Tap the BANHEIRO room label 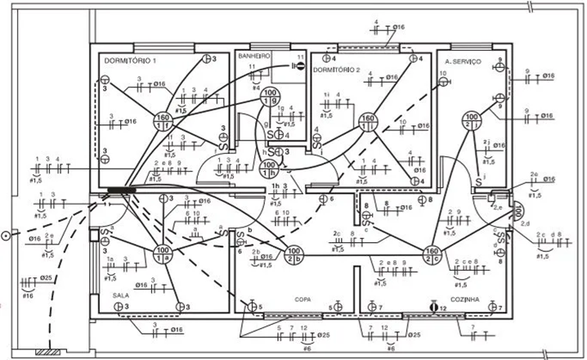[x=253, y=56]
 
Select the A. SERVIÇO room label [x=463, y=62]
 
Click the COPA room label [x=303, y=299]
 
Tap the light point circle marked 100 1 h [x=267, y=169]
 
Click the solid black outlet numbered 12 [x=434, y=308]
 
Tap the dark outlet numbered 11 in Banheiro [x=299, y=65]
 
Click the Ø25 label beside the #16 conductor [x=47, y=278]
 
